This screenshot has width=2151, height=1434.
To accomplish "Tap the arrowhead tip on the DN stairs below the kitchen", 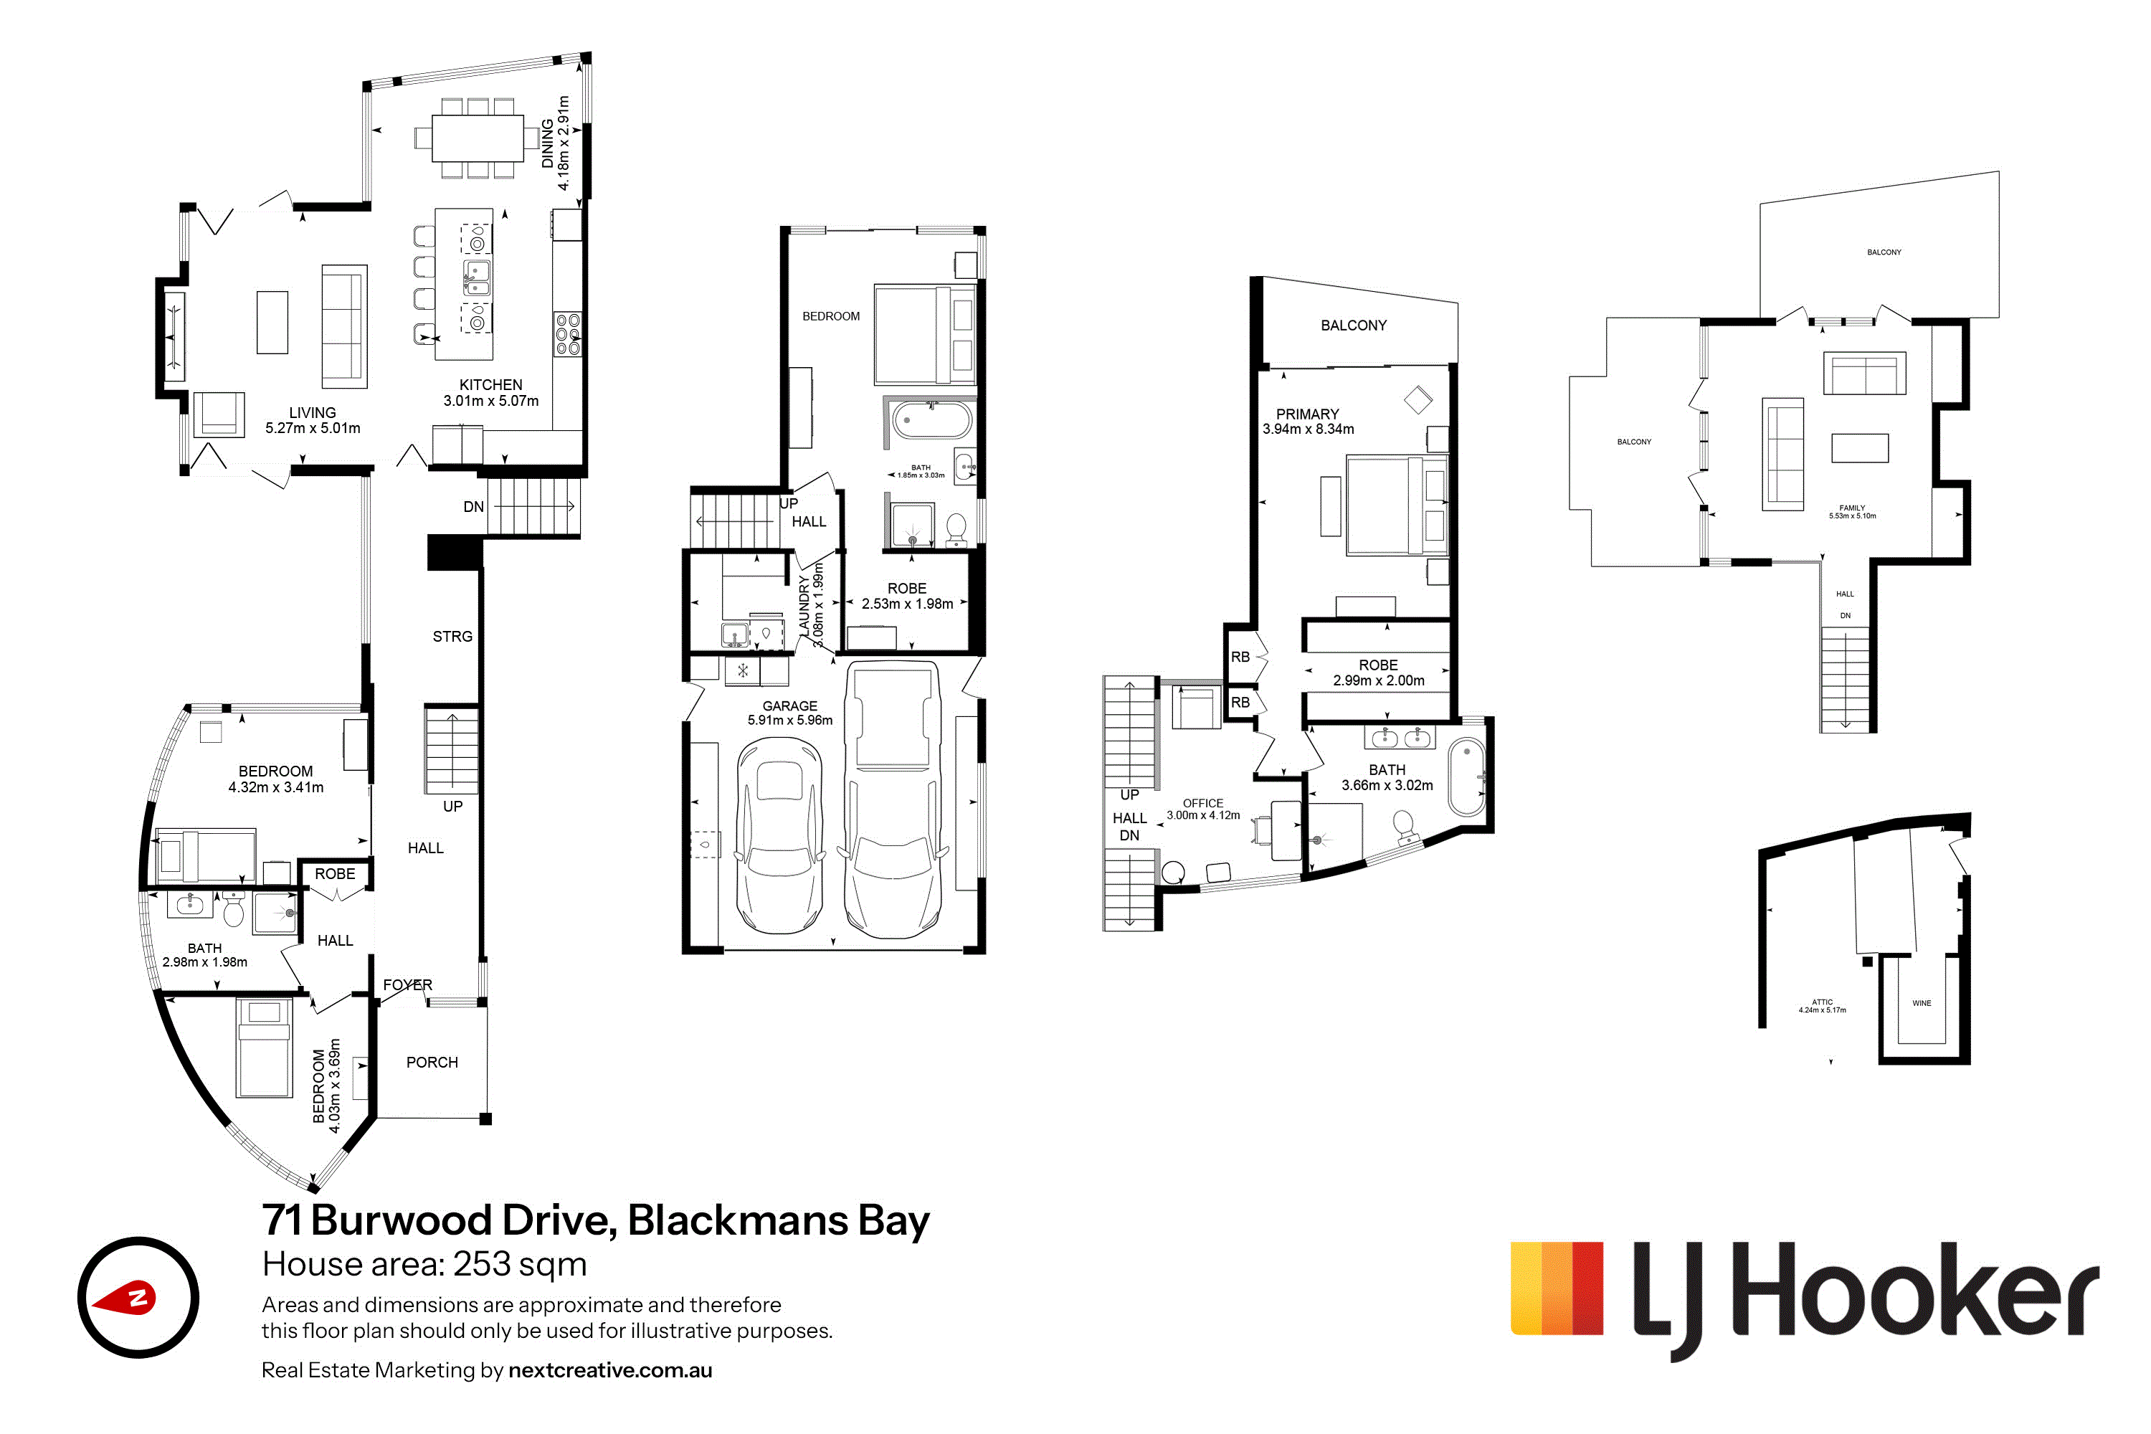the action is (574, 505).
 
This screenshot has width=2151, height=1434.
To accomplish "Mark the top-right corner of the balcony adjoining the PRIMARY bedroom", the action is (1458, 302).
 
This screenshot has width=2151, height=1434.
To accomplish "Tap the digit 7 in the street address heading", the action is (272, 1220).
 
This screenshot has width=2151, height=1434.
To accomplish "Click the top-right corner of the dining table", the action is (524, 115).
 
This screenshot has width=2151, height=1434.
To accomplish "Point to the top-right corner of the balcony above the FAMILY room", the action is (1998, 172).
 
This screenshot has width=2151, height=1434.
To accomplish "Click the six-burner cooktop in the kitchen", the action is (567, 334).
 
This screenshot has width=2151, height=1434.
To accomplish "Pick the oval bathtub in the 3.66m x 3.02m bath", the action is (1467, 777).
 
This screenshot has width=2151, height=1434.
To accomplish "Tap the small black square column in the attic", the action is (1868, 961).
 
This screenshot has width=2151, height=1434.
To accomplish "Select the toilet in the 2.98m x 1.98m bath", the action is (233, 908).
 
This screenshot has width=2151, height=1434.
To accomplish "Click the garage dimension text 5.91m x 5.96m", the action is (790, 720).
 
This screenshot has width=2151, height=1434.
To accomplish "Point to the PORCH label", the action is (432, 1062).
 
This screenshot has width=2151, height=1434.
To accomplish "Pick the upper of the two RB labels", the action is (1240, 657).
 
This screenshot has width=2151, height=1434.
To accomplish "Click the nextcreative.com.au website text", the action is (610, 1370).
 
